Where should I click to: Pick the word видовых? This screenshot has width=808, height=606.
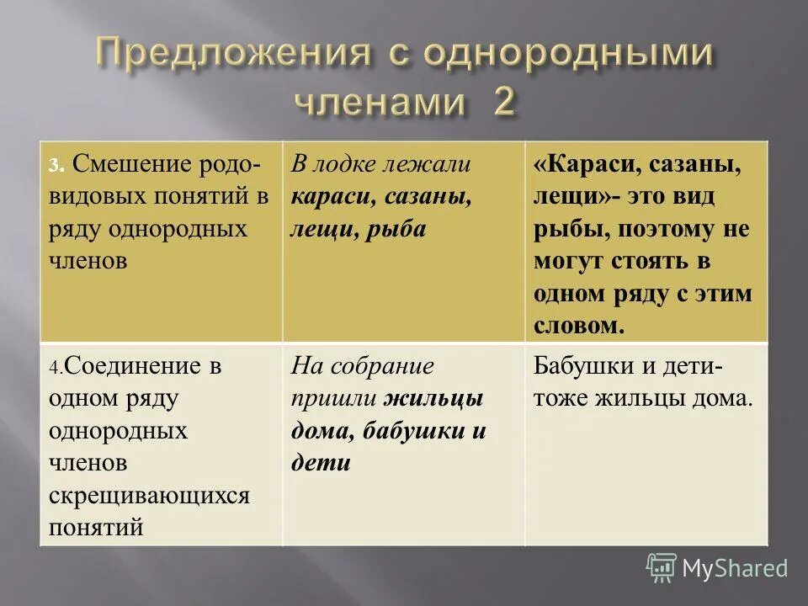pyautogui.click(x=90, y=197)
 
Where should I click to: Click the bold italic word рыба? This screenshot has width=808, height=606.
pyautogui.click(x=396, y=230)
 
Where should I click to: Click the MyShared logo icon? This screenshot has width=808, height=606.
pyautogui.click(x=662, y=567)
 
